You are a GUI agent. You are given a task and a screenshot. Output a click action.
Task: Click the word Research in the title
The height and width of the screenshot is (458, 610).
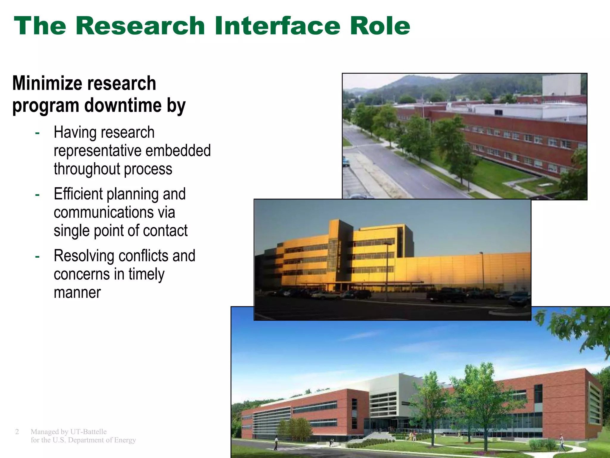pyautogui.click(x=140, y=26)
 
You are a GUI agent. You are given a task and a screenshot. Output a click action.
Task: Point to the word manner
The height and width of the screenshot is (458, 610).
pyautogui.click(x=77, y=293)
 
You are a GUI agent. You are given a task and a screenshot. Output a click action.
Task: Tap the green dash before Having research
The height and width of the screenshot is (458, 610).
pyautogui.click(x=37, y=133)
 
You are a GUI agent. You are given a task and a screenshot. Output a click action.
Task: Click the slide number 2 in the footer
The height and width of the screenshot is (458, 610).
pyautogui.click(x=17, y=432)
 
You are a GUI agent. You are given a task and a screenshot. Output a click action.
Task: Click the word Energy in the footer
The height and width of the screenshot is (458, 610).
pyautogui.click(x=125, y=440)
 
